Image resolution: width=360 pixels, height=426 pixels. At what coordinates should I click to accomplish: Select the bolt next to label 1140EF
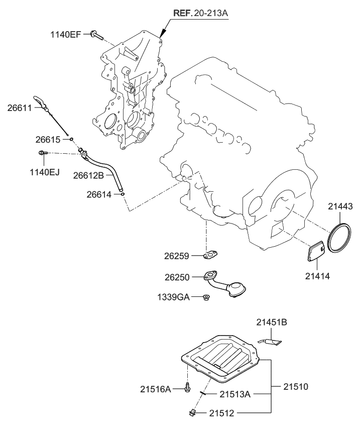pos(97,35)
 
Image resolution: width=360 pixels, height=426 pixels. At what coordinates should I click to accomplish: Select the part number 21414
pos(318,276)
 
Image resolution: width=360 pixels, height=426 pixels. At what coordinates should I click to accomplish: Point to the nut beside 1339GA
pos(206,297)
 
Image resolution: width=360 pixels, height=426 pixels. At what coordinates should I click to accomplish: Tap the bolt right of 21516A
pos(188,388)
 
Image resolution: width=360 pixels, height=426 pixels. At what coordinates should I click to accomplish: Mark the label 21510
pos(296,387)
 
